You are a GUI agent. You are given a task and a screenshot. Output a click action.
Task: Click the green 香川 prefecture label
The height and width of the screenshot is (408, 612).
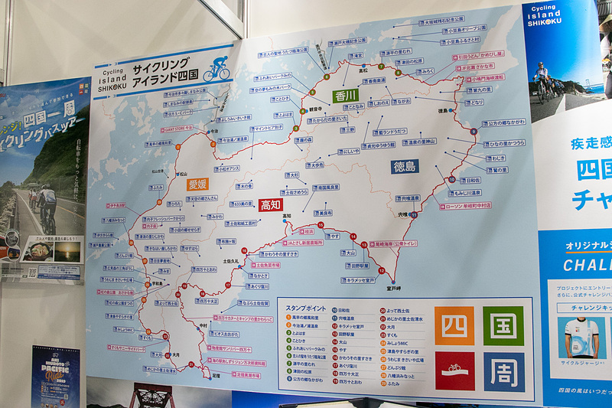[346, 95]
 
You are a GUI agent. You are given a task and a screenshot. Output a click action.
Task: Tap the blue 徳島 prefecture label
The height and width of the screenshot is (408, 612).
[405, 165]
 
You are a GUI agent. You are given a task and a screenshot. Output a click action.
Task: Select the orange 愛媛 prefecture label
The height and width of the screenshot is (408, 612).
[198, 184]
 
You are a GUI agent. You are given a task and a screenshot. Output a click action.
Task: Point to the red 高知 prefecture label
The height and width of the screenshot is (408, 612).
[271, 205]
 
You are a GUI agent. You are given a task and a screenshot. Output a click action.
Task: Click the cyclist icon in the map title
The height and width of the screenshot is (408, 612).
[216, 70]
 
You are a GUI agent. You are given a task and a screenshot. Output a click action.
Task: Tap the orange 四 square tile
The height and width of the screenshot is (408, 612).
[454, 325]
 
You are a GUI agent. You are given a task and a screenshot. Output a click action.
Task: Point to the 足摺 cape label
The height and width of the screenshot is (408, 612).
[216, 376]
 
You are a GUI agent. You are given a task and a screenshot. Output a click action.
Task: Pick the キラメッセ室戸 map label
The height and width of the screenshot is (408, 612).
[358, 280]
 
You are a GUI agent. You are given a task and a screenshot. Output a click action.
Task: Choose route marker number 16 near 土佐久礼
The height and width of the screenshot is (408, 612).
[244, 250]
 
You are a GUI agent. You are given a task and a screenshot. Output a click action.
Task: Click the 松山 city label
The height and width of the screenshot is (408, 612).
[158, 172]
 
